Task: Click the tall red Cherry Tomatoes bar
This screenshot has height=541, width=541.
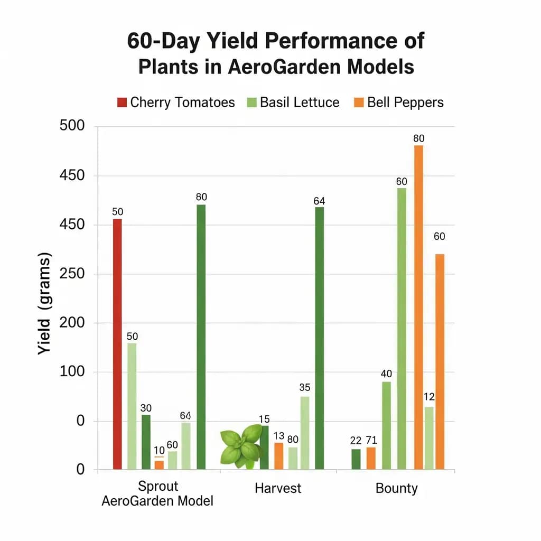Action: click(x=117, y=343)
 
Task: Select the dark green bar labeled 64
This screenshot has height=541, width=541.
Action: click(x=319, y=338)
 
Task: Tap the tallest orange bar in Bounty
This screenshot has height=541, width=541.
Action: click(x=418, y=306)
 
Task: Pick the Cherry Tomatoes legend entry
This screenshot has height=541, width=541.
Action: click(x=176, y=102)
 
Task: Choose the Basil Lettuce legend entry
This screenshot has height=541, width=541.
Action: click(x=293, y=102)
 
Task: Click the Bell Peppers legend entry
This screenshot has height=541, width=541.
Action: click(x=399, y=102)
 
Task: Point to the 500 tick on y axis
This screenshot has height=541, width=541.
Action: click(x=73, y=127)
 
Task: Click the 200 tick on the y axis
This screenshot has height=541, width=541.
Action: click(x=73, y=323)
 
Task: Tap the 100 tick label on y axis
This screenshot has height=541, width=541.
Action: click(x=73, y=372)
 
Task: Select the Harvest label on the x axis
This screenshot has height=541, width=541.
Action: click(x=278, y=488)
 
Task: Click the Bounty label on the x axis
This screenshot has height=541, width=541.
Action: click(x=396, y=488)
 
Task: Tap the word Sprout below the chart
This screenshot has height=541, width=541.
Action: click(x=158, y=486)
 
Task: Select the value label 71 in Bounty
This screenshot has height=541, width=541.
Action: click(x=371, y=440)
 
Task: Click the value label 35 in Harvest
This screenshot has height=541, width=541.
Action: click(x=304, y=387)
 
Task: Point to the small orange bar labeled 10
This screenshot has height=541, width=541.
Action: click(x=159, y=465)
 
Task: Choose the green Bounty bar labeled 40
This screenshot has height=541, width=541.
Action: click(x=386, y=425)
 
